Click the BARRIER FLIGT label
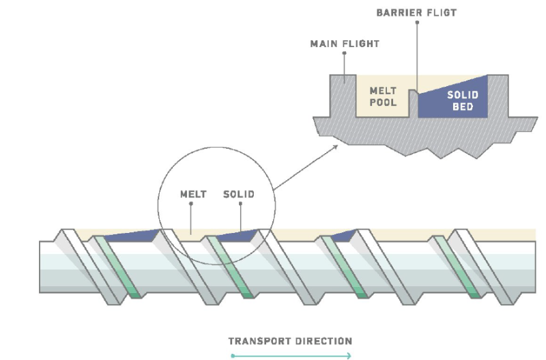point(417,13)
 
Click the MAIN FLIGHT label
point(345,44)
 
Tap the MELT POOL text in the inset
point(382,96)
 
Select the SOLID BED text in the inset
point(462,101)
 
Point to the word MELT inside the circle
point(193,195)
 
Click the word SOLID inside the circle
point(239,195)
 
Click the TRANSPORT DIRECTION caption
point(290,340)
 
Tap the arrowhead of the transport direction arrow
point(349,355)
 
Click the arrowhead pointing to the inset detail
point(336,146)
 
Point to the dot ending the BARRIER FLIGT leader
point(417,22)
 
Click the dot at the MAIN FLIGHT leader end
point(345,53)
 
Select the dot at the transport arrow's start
point(233,355)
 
